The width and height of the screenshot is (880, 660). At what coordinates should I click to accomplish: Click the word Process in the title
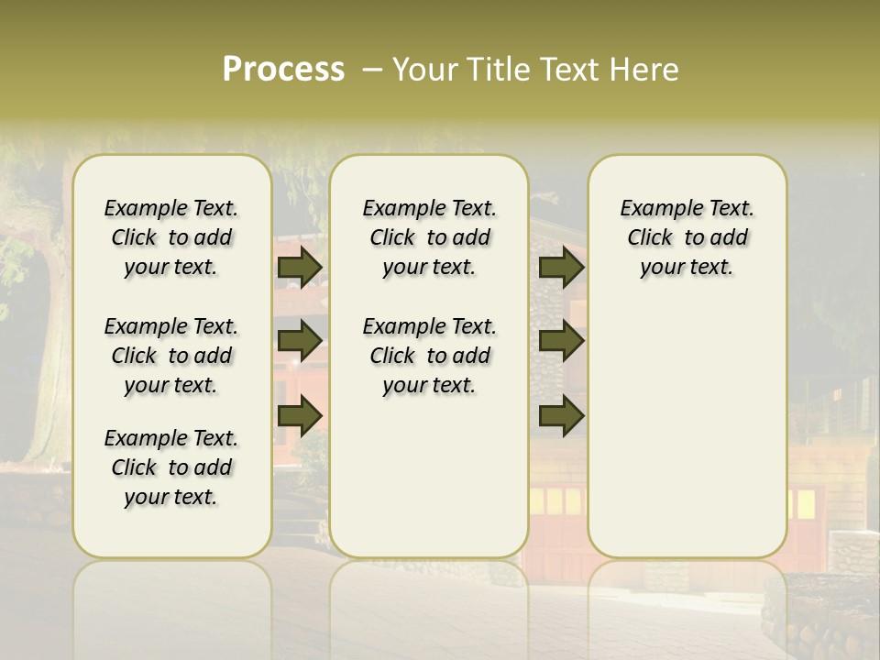pos(283,70)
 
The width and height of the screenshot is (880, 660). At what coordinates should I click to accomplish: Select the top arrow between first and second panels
pos(300,267)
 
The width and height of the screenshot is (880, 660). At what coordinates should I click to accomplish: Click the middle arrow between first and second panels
pos(300,341)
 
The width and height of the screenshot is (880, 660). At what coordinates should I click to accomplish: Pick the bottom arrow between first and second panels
pos(300,416)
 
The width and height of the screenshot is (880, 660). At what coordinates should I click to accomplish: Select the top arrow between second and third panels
pos(561,267)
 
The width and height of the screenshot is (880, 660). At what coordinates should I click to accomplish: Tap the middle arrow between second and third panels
pos(561,341)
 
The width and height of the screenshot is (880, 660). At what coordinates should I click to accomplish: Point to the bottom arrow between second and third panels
pos(561,416)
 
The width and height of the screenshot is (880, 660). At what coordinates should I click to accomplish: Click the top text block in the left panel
pos(171,237)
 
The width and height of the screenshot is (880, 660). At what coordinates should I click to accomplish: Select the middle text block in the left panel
pos(171,356)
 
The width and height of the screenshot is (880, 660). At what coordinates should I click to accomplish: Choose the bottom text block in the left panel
pos(171,467)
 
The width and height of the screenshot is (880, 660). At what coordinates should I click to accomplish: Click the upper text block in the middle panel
pos(429,237)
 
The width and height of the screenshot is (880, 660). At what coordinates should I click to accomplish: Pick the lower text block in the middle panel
pos(429,356)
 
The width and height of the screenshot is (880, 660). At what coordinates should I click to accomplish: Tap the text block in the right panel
pos(687,237)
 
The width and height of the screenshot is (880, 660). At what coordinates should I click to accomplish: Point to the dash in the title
pos(372,70)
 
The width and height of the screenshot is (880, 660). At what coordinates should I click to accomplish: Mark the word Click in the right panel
pos(650,238)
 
